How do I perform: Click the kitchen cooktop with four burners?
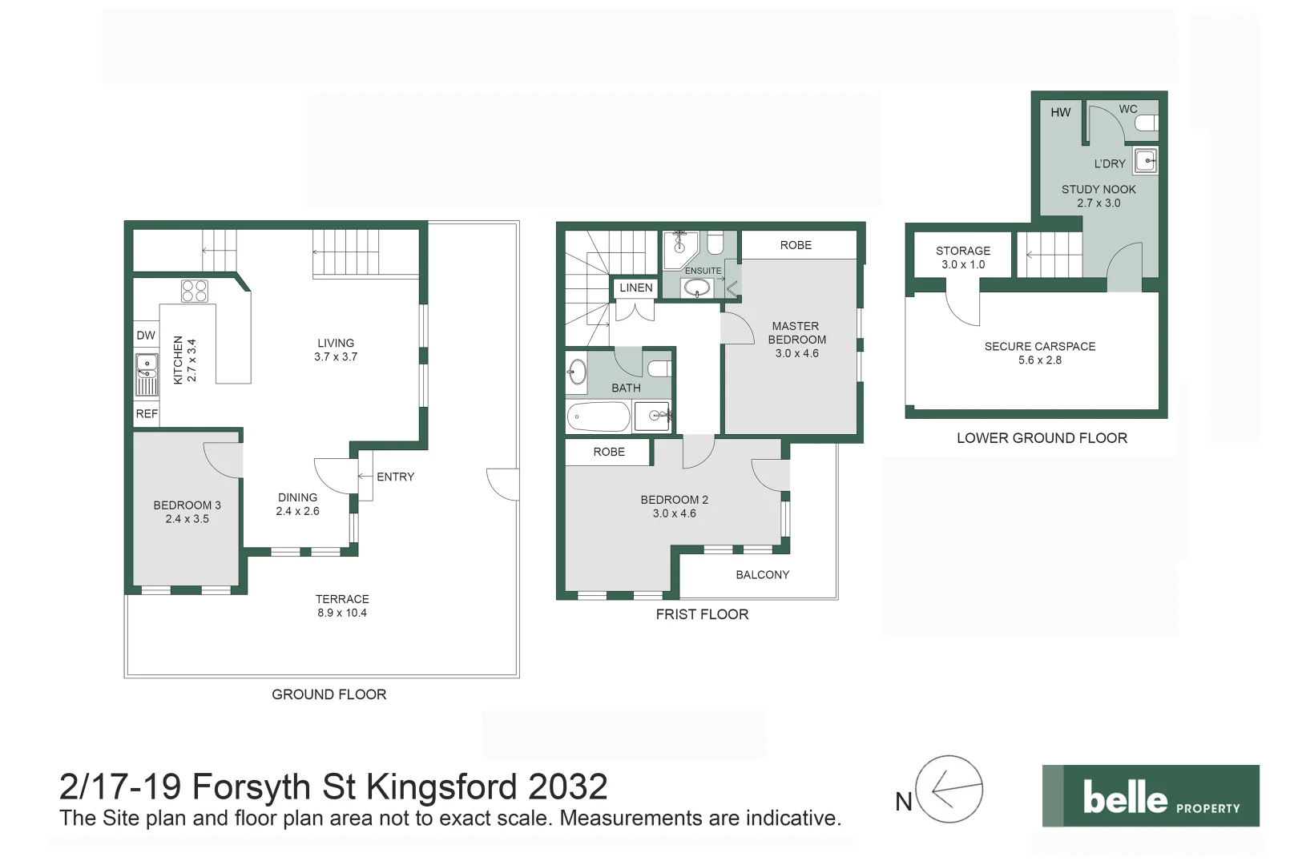(195, 291)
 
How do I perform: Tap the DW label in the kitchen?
(146, 336)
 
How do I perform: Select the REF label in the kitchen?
(147, 414)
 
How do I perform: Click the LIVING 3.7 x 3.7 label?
(336, 350)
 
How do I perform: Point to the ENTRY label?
(395, 477)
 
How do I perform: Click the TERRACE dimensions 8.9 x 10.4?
(342, 613)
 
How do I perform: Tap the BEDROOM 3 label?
(187, 505)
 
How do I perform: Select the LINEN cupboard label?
(636, 288)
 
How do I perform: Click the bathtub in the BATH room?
(599, 416)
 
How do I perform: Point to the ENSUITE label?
(703, 271)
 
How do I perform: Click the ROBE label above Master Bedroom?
(796, 245)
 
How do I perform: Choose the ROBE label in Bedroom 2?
(609, 452)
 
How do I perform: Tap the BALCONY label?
(763, 574)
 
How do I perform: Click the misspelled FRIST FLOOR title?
(702, 614)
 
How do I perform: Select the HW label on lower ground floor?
(1061, 112)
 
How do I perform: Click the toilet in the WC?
(1147, 123)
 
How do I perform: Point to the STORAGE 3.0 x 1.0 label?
(963, 257)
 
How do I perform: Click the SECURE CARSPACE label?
(1040, 347)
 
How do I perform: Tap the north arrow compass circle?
(949, 789)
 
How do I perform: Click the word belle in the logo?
(1125, 798)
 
